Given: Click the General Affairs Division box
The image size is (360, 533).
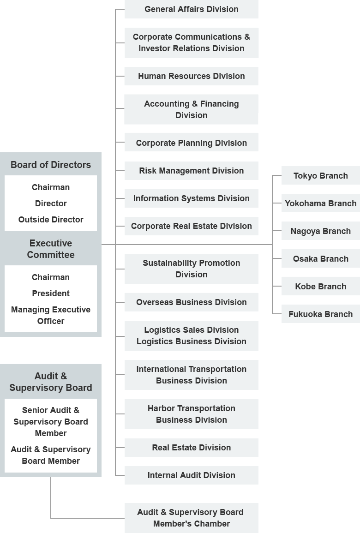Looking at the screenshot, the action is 192,9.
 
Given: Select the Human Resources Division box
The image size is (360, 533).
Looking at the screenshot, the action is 192,76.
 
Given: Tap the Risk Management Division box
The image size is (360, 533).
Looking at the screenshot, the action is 192,171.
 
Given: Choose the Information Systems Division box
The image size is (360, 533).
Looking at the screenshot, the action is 192,198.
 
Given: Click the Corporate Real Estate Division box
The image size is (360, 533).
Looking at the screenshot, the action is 192,226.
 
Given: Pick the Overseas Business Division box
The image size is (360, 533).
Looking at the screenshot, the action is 192,302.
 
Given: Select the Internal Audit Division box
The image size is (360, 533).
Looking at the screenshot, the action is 192,475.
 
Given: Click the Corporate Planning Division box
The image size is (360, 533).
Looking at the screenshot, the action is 192,143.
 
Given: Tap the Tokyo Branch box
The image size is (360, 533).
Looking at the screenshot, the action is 321,176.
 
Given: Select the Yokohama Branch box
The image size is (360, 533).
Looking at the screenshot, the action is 321,203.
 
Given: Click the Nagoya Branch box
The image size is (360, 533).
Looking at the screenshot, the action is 321,231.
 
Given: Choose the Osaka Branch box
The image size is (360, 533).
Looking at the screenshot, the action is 321,259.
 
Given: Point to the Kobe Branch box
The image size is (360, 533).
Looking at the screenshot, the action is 321,287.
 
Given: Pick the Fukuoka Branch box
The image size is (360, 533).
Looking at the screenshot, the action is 321,314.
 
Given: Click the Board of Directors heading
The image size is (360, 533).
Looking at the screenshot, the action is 51,165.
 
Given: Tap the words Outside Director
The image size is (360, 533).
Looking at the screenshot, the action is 51,220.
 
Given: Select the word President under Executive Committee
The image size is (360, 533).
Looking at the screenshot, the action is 51,293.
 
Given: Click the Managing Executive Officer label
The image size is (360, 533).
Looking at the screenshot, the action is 51,316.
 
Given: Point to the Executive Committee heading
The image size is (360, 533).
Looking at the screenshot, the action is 51,249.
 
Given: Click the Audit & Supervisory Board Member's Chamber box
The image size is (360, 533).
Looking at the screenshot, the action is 192,518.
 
